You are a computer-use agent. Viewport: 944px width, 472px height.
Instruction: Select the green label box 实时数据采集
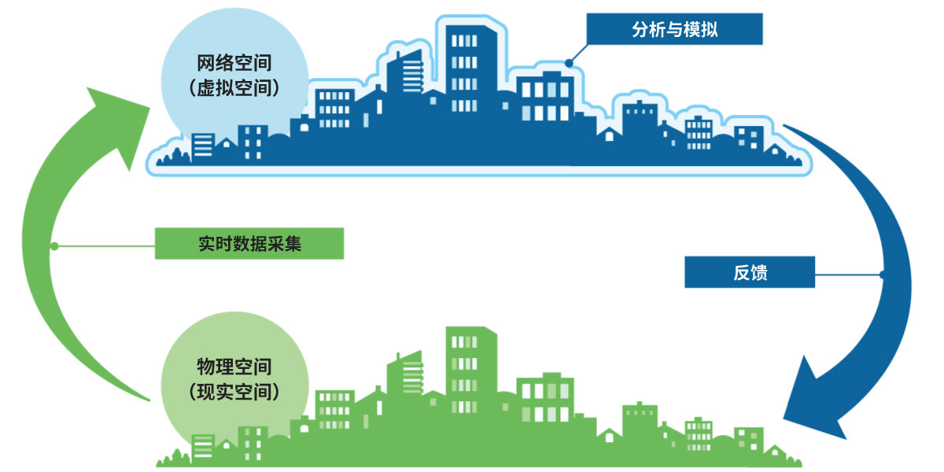click(x=249, y=244)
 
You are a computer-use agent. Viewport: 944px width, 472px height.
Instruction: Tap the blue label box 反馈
click(x=749, y=274)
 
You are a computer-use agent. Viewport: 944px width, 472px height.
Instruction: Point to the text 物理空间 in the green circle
click(x=234, y=367)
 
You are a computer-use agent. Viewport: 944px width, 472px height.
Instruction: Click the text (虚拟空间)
click(x=234, y=89)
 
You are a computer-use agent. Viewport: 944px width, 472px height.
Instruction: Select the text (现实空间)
click(x=234, y=391)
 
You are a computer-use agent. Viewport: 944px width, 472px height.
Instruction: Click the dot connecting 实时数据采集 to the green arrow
click(x=53, y=246)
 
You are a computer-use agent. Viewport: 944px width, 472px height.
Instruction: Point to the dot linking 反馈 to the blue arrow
click(x=882, y=275)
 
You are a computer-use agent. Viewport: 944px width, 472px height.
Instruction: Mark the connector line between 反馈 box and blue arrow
click(x=848, y=275)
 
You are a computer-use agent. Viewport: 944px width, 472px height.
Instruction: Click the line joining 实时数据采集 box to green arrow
click(x=105, y=246)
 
